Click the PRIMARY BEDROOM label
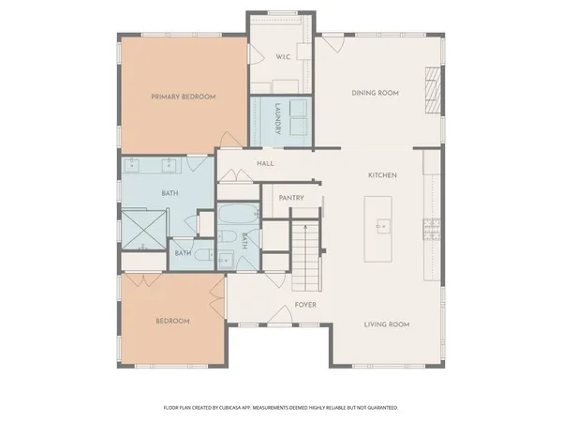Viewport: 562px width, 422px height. tap(185, 97)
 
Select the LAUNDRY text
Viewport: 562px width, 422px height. tap(278, 119)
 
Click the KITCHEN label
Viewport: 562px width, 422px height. tap(384, 176)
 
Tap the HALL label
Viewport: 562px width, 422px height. tap(265, 163)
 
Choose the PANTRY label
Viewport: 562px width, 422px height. tap(291, 198)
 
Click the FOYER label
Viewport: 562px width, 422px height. tap(304, 305)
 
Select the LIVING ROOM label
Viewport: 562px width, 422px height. tap(387, 324)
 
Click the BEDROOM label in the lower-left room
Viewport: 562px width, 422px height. tap(172, 321)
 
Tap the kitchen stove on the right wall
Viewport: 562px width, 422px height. tap(432, 226)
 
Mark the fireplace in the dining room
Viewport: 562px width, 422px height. tap(431, 88)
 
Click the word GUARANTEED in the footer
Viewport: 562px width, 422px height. tap(378, 408)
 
